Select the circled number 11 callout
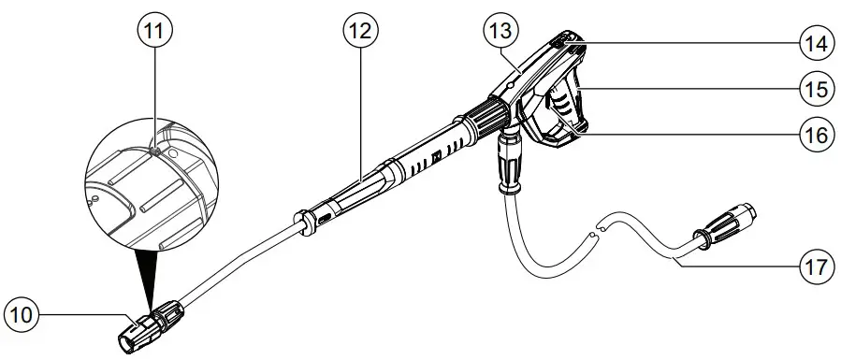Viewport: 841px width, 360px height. (x=155, y=32)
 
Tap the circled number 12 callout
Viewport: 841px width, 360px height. (x=359, y=32)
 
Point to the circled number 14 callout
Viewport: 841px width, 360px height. (x=816, y=42)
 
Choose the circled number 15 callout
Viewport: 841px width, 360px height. (x=816, y=89)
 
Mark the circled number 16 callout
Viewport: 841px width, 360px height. (x=816, y=134)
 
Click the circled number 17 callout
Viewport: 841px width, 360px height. (x=816, y=266)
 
